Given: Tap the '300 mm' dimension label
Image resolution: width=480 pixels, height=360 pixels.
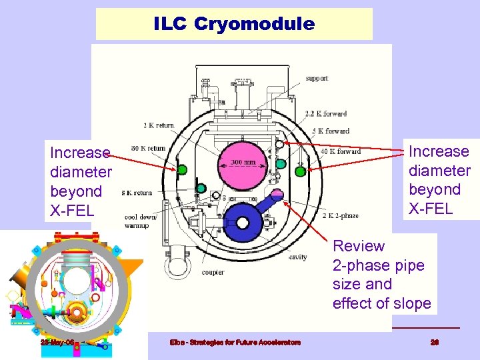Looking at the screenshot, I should tap(243, 161).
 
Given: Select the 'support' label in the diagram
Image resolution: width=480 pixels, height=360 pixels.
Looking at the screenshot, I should tap(317, 78).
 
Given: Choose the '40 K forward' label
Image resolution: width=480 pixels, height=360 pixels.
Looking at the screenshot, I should tap(341, 151).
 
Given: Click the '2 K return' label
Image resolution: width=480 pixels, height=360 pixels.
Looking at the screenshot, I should tap(158, 125).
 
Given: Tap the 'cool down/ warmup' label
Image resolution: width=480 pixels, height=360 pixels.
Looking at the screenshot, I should tap(140, 221).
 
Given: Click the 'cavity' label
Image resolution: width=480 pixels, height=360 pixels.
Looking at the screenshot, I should tap(297, 256).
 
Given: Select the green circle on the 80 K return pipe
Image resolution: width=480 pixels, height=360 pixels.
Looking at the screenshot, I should tap(182, 170).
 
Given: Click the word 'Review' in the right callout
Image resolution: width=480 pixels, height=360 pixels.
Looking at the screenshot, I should tap(359, 246).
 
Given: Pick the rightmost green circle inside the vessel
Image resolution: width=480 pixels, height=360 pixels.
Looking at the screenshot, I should tap(300, 171).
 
